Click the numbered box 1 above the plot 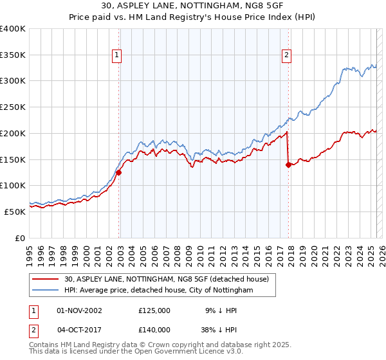(116, 55)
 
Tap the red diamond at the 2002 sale (119, 172)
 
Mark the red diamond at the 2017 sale (288, 165)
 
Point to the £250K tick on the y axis (13, 107)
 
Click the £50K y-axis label (15, 212)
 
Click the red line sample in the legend (46, 278)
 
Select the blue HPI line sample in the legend (46, 290)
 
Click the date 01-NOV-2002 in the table (79, 310)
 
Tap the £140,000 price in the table (154, 328)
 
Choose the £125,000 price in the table (154, 310)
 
